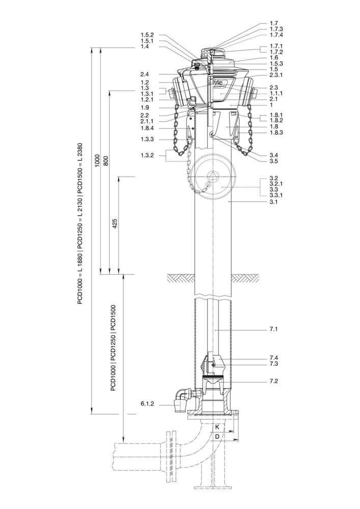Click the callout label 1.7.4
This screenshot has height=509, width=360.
point(276,35)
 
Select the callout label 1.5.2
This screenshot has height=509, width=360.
point(147,35)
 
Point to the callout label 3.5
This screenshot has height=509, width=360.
point(273,161)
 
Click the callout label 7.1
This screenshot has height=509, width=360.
point(273,329)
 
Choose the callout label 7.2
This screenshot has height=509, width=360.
point(273,381)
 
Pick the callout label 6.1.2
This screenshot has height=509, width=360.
point(147,404)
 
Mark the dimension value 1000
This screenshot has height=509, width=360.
point(97,161)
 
